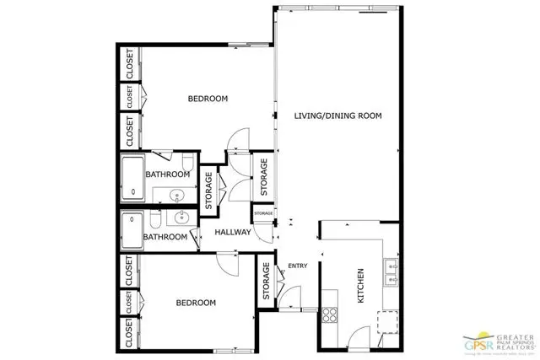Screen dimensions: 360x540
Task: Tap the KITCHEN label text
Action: pyautogui.click(x=359, y=287)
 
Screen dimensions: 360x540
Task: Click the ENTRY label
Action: pyautogui.click(x=298, y=266)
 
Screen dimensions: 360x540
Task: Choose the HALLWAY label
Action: pyautogui.click(x=233, y=232)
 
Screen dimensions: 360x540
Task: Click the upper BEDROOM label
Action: pyautogui.click(x=208, y=99)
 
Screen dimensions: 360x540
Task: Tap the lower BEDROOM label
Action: pyautogui.click(x=196, y=303)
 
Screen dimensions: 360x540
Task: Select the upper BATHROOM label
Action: pyautogui.click(x=167, y=175)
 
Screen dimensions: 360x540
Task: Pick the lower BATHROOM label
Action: pyautogui.click(x=165, y=237)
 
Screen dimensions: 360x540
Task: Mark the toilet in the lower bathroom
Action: pyautogui.click(x=158, y=220)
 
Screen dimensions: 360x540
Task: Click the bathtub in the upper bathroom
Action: pyautogui.click(x=132, y=179)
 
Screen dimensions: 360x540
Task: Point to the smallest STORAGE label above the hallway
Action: pyautogui.click(x=263, y=214)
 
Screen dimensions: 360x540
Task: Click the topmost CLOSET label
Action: pyautogui.click(x=130, y=64)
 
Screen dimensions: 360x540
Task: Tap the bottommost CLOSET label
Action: pyautogui.click(x=130, y=337)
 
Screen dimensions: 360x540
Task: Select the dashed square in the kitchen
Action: pyautogui.click(x=388, y=322)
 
